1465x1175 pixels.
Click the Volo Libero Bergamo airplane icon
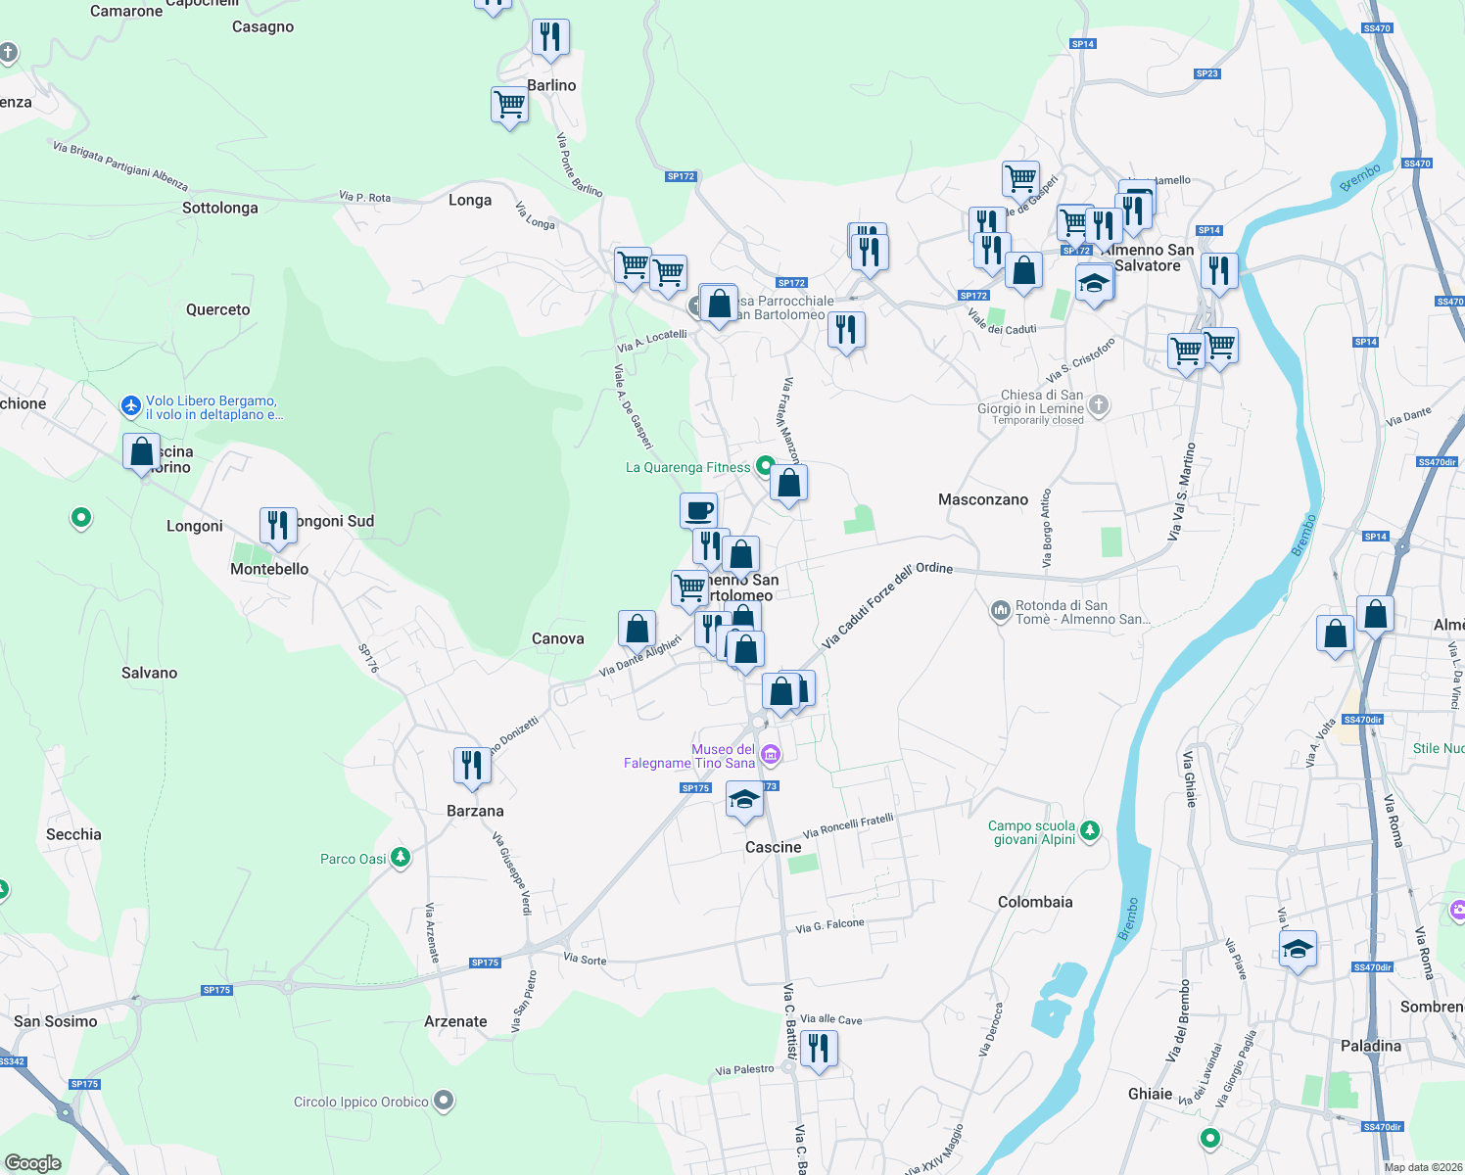pyautogui.click(x=131, y=405)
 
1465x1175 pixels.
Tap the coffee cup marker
pyautogui.click(x=698, y=511)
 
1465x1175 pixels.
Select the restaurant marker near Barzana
pyautogui.click(x=472, y=766)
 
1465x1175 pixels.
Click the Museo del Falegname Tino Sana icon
pyautogui.click(x=771, y=754)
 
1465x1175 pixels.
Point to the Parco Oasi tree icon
pyautogui.click(x=400, y=858)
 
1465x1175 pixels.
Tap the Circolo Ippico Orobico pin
pyautogui.click(x=444, y=1101)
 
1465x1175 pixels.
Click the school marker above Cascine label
pyautogui.click(x=744, y=799)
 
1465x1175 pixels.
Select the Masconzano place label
pyautogui.click(x=983, y=499)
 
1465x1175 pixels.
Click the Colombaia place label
pyautogui.click(x=1035, y=902)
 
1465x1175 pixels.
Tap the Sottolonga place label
pyautogui.click(x=220, y=208)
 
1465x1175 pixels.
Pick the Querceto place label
pyautogui.click(x=218, y=309)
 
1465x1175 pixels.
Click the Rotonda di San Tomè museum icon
pyautogui.click(x=1000, y=611)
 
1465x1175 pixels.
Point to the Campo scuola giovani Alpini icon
pyautogui.click(x=1089, y=831)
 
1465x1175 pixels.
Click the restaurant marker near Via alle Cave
pyautogui.click(x=818, y=1049)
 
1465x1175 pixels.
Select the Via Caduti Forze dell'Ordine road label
pyautogui.click(x=886, y=604)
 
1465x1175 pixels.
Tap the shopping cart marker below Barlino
pyautogui.click(x=509, y=105)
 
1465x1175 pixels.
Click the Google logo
pyautogui.click(x=33, y=1162)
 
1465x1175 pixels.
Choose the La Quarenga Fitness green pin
pyautogui.click(x=765, y=467)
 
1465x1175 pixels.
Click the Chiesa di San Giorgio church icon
pyautogui.click(x=1099, y=403)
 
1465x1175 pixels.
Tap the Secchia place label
pyautogui.click(x=73, y=834)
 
